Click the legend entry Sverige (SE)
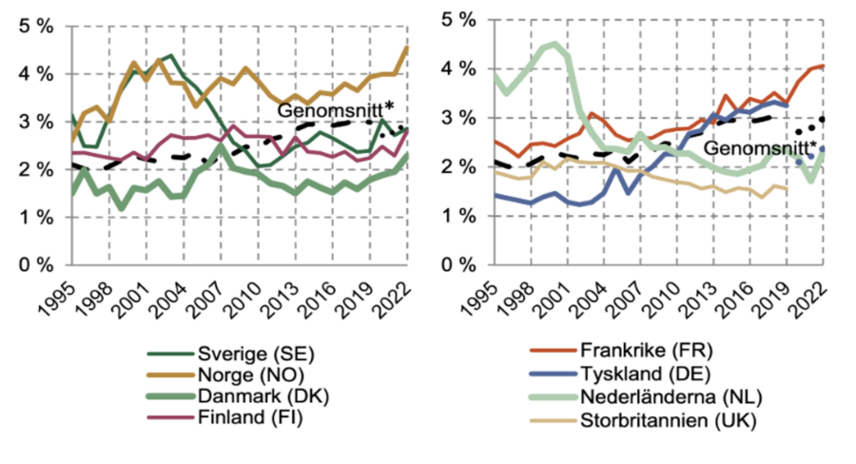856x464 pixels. click(x=252, y=355)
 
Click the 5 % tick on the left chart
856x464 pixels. click(x=37, y=26)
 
